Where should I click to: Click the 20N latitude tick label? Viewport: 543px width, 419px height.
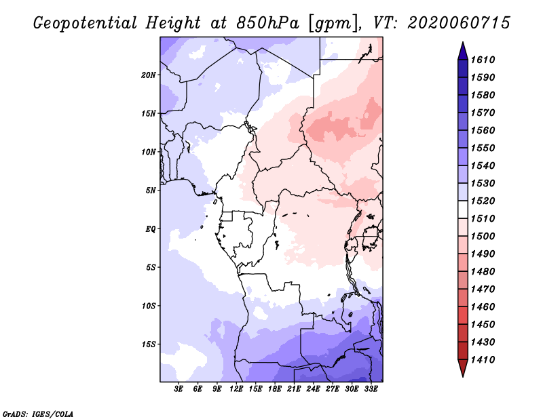click(149, 75)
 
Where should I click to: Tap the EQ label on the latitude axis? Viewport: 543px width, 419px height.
click(151, 229)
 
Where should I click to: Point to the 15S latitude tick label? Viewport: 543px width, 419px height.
click(149, 344)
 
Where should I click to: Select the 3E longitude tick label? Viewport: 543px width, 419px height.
click(179, 389)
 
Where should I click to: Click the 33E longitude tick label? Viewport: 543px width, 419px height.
click(371, 389)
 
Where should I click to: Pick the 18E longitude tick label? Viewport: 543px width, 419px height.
click(275, 389)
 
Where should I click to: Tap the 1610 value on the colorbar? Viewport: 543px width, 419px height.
click(483, 60)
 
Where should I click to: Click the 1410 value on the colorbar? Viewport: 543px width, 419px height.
click(483, 360)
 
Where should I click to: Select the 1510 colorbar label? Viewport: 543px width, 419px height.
click(483, 219)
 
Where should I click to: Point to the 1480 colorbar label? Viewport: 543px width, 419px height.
click(483, 272)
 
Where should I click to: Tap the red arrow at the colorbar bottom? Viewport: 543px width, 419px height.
click(463, 367)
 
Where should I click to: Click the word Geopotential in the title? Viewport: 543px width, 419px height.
click(86, 24)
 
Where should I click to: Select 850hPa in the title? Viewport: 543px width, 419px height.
click(267, 23)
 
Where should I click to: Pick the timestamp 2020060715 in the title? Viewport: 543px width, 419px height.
click(459, 23)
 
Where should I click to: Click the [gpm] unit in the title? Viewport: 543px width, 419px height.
click(333, 24)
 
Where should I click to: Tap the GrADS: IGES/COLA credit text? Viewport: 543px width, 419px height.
click(38, 414)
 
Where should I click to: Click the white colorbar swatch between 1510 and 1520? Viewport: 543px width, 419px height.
click(463, 209)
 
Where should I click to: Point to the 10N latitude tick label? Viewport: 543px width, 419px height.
click(149, 152)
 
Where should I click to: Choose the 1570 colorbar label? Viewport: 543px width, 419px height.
click(483, 113)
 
